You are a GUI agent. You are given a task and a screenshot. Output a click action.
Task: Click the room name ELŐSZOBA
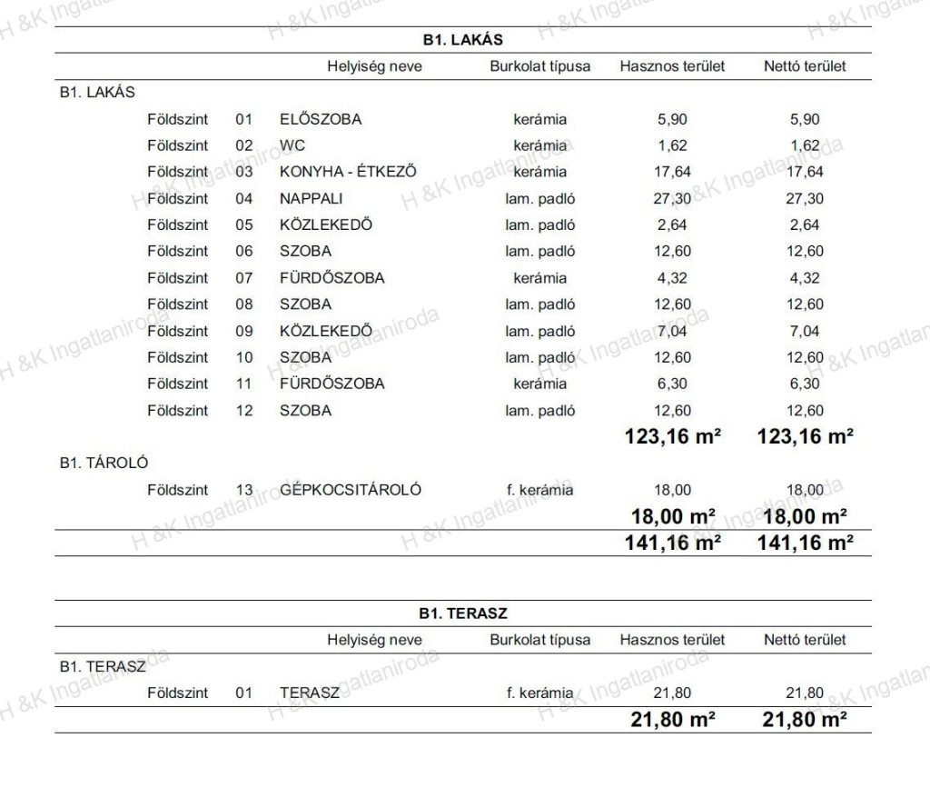(x=321, y=119)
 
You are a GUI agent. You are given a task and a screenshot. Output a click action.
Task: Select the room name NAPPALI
(x=312, y=198)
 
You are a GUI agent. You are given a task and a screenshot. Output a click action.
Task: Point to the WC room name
(x=292, y=145)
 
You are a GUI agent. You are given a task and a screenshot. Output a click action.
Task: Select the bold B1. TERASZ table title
(x=463, y=613)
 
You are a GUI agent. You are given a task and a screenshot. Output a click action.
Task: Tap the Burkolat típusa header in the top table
(x=539, y=66)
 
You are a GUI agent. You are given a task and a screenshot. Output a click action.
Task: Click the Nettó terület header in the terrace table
(x=805, y=640)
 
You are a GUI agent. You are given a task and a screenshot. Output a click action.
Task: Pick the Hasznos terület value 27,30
(x=672, y=198)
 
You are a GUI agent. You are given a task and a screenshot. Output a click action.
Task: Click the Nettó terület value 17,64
(x=805, y=172)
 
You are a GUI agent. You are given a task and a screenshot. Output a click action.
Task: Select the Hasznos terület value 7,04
(x=672, y=331)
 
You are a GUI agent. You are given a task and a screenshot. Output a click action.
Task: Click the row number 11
(x=242, y=384)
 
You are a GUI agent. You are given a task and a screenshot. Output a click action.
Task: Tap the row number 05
(x=242, y=224)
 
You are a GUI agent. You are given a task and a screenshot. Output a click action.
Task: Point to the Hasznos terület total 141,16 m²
(x=672, y=544)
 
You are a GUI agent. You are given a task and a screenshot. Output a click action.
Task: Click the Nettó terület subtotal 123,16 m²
(x=805, y=437)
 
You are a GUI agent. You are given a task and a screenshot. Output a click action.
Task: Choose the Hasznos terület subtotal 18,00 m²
(x=672, y=517)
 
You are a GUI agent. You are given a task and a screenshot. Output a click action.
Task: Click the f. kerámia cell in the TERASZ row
(x=539, y=693)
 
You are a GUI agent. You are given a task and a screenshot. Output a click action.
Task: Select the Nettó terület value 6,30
(x=805, y=384)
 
